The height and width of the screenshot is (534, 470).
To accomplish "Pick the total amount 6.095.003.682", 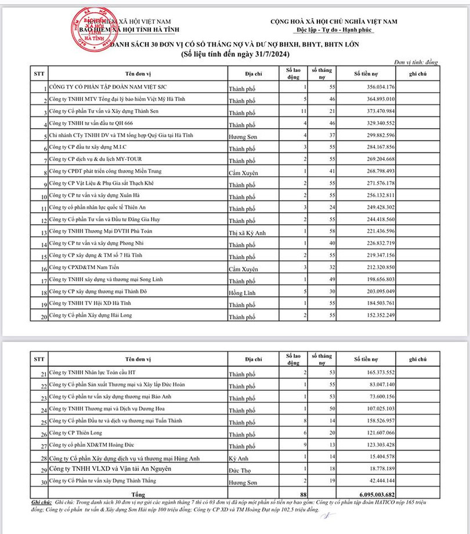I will click(374, 493).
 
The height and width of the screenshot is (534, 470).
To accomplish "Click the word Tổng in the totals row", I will click(139, 493).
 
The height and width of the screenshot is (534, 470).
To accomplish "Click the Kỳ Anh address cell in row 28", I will click(239, 458).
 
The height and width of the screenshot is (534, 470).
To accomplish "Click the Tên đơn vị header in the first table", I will click(139, 74).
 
